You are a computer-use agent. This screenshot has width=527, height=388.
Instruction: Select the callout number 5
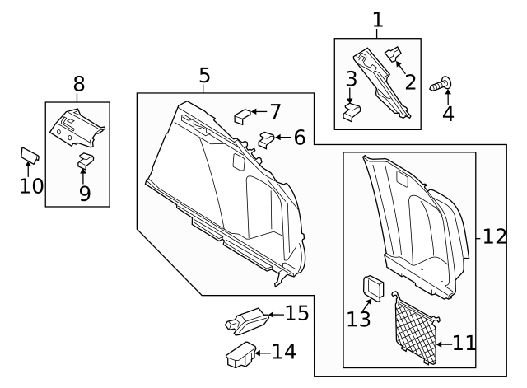pos(204,77)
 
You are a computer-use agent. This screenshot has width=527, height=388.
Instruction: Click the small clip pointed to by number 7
pos(243,114)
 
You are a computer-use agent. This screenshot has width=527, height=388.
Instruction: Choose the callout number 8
pos(79,83)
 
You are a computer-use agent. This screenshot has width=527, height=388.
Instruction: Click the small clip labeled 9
pos(85,160)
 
